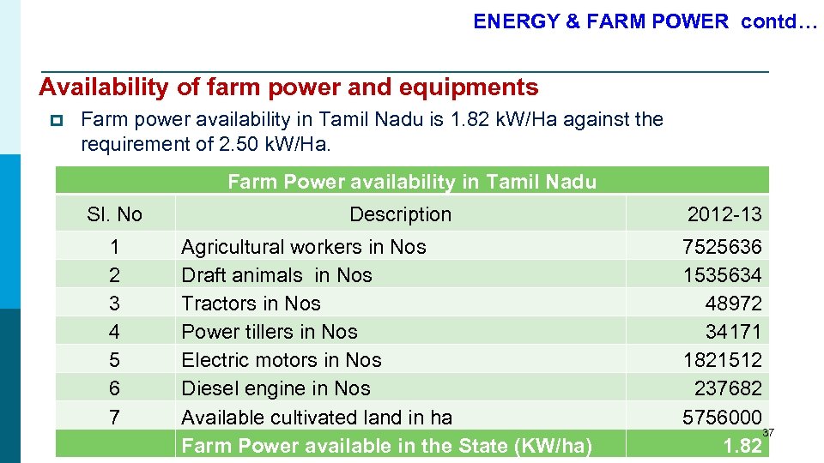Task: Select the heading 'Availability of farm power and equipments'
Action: pos(288,87)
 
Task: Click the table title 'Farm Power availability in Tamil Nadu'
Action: pos(412,182)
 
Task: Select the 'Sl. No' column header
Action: pos(115,214)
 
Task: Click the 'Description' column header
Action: pos(400,214)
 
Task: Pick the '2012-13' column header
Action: pos(724,214)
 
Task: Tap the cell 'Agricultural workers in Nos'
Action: pos(304,247)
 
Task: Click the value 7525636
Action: pos(722,247)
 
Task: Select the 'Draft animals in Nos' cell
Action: pos(276,275)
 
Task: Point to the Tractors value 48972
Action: pos(733,304)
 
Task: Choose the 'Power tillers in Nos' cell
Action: pos(270,332)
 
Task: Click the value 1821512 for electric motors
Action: pos(722,360)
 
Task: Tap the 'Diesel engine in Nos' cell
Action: pos(276,388)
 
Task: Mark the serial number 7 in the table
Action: pos(115,418)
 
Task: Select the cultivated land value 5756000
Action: pos(721,418)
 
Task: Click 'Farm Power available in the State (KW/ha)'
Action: pos(386,446)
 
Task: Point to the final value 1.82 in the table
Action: pos(742,446)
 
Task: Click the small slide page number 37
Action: pos(768,433)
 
